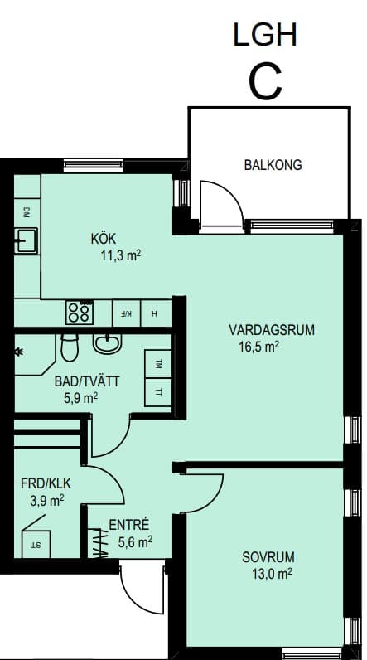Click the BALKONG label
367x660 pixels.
coord(273,164)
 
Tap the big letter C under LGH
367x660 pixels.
coord(265,83)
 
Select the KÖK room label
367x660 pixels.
coord(103,239)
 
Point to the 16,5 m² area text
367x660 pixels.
coord(259,347)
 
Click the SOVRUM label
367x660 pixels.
coord(268,557)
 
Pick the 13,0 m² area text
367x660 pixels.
coord(272,574)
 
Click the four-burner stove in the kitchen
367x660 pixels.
coord(80,312)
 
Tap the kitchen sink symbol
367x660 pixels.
coord(26,240)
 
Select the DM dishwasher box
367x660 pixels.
coord(27,212)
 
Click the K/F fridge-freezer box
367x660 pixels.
coord(127,313)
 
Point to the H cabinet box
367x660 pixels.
coord(156,313)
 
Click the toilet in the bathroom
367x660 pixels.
coord(70,347)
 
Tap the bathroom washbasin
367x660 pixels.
coord(107,343)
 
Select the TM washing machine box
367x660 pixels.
coord(158,364)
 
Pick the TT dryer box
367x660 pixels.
coord(158,392)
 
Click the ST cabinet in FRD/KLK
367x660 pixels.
coord(36,544)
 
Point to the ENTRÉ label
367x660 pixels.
coord(129,525)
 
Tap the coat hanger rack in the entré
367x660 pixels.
coord(99,543)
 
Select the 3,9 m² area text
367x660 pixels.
coord(47,500)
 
